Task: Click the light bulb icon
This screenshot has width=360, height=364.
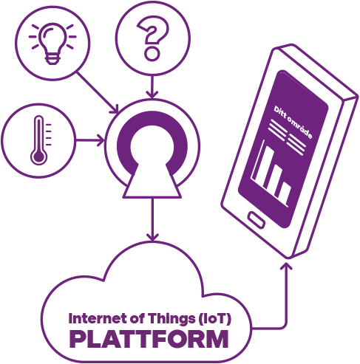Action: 52,44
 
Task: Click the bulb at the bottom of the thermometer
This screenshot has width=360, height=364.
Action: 38,157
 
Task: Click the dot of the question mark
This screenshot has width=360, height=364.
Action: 152,54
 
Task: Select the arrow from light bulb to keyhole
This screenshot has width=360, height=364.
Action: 98,92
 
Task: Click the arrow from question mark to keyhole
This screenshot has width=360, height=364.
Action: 152,86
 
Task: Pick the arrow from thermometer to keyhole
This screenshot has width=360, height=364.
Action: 90,140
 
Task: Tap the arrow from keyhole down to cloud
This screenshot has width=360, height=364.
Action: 153,219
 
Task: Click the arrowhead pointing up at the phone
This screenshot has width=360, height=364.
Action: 286,267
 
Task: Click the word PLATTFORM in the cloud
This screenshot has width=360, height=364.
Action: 149,339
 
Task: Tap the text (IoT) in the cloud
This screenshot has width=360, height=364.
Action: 214,319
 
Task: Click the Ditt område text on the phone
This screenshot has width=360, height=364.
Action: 293,123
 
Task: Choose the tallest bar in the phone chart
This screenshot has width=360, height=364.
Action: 264,166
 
